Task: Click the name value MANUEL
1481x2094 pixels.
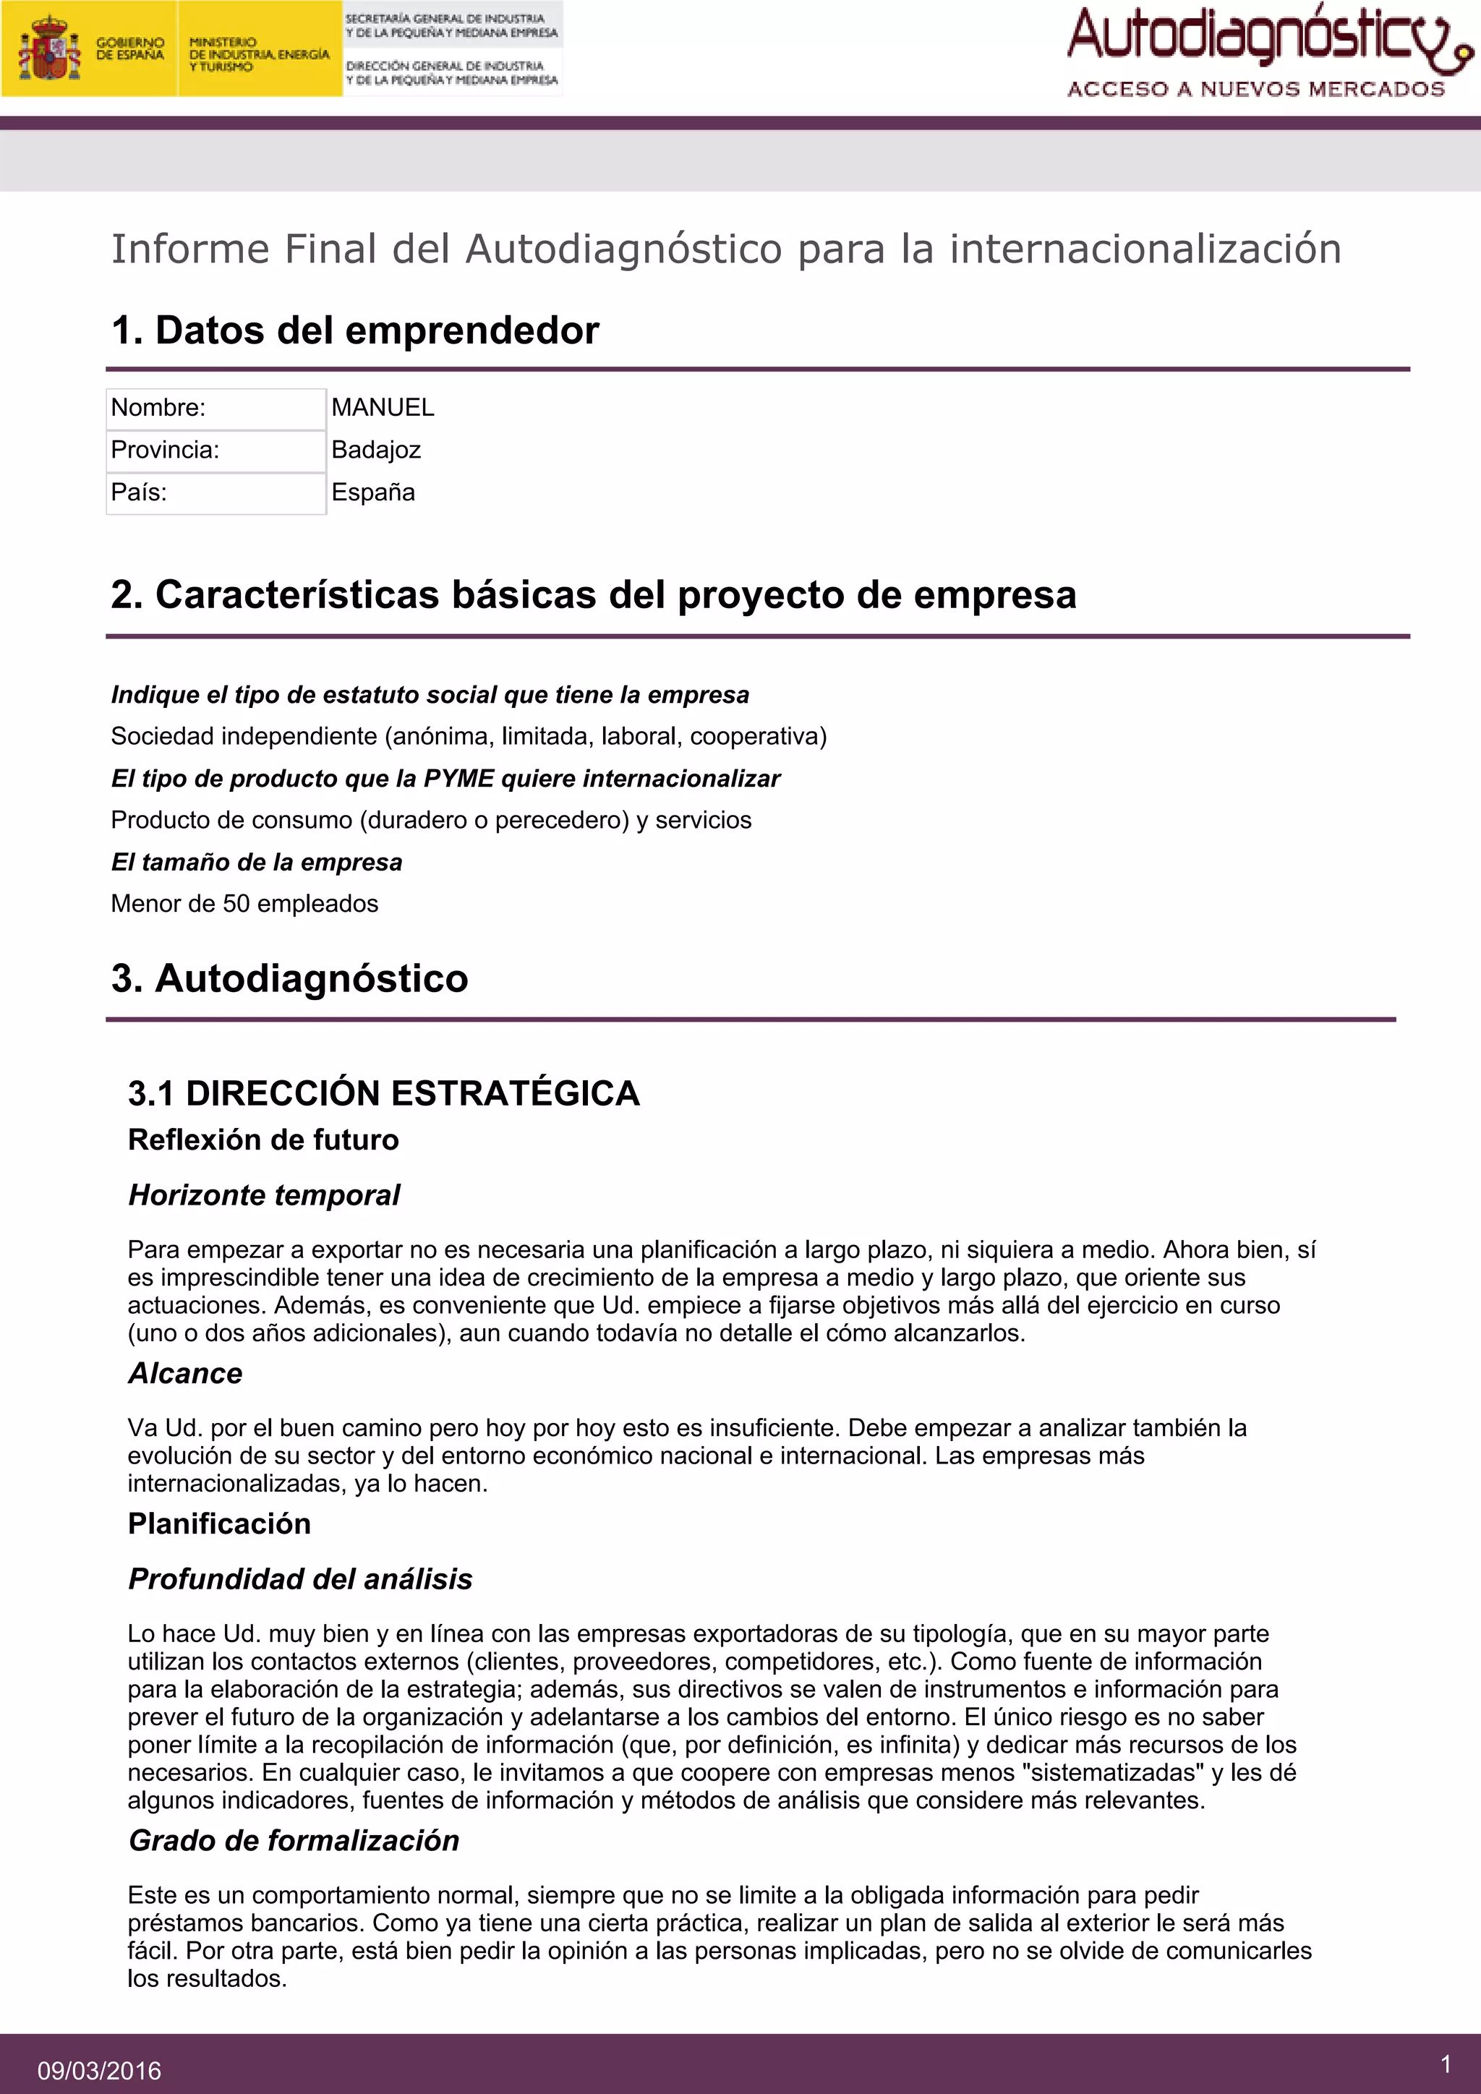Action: pyautogui.click(x=382, y=408)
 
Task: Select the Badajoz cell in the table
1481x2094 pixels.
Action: pyautogui.click(x=376, y=450)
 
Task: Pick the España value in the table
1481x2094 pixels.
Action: pyautogui.click(x=373, y=492)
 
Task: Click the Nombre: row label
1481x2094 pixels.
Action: pyautogui.click(x=158, y=408)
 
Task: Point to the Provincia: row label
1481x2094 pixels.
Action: pyautogui.click(x=165, y=450)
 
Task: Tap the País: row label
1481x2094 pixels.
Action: pyautogui.click(x=139, y=492)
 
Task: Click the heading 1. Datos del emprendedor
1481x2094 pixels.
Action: pyautogui.click(x=355, y=330)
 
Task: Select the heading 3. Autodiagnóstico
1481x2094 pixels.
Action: pyautogui.click(x=289, y=978)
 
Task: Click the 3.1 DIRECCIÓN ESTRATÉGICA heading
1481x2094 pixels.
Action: pyautogui.click(x=383, y=1093)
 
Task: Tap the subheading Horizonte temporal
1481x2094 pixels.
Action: pyautogui.click(x=263, y=1195)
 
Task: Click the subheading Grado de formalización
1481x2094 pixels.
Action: pyautogui.click(x=294, y=1840)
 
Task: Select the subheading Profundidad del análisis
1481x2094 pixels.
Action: pyautogui.click(x=300, y=1578)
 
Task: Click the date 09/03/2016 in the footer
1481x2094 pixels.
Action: pyautogui.click(x=99, y=2071)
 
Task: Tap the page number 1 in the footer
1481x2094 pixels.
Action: pyautogui.click(x=1446, y=2064)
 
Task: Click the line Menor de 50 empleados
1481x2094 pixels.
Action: pyautogui.click(x=244, y=904)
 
